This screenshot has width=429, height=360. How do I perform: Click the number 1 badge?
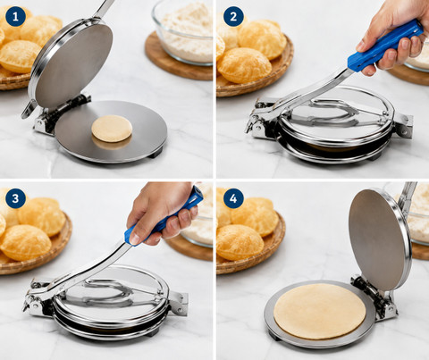click(15, 16)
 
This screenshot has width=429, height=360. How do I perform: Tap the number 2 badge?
click(233, 16)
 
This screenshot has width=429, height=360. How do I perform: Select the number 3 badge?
click(15, 198)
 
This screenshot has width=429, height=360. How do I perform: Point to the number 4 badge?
click(233, 198)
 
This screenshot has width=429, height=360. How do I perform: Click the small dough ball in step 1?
click(112, 129)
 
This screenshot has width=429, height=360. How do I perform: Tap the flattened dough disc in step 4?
click(320, 311)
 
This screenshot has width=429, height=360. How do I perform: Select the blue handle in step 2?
click(385, 46)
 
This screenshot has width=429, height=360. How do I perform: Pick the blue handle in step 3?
click(164, 216)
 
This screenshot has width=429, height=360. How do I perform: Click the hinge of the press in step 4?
click(374, 297)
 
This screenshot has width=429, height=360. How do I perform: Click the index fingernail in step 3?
click(135, 239)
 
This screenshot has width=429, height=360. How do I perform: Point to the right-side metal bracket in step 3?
click(178, 303)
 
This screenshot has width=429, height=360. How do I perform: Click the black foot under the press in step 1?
click(156, 153)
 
